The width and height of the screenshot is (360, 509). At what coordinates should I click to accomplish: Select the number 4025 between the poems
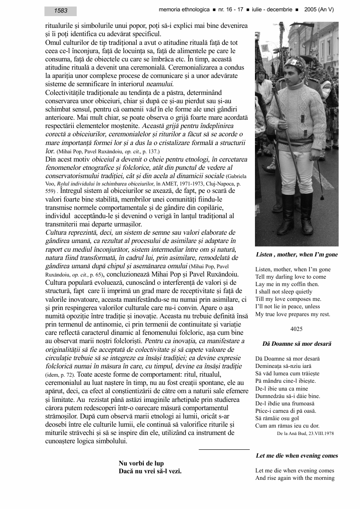pyautogui.click(x=296, y=329)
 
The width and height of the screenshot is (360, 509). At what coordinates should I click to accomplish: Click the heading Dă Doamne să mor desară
pyautogui.click(x=296, y=344)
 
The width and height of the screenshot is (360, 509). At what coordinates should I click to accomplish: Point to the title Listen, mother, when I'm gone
pyautogui.click(x=296, y=254)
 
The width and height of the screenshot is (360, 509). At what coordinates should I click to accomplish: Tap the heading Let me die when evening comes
pyautogui.click(x=296, y=455)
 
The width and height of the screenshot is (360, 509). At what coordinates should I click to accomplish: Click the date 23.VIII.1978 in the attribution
pyautogui.click(x=319, y=434)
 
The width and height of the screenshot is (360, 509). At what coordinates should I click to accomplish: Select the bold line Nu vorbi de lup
pyautogui.click(x=141, y=463)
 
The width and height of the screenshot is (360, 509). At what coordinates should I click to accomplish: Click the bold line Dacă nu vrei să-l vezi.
pyautogui.click(x=150, y=471)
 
